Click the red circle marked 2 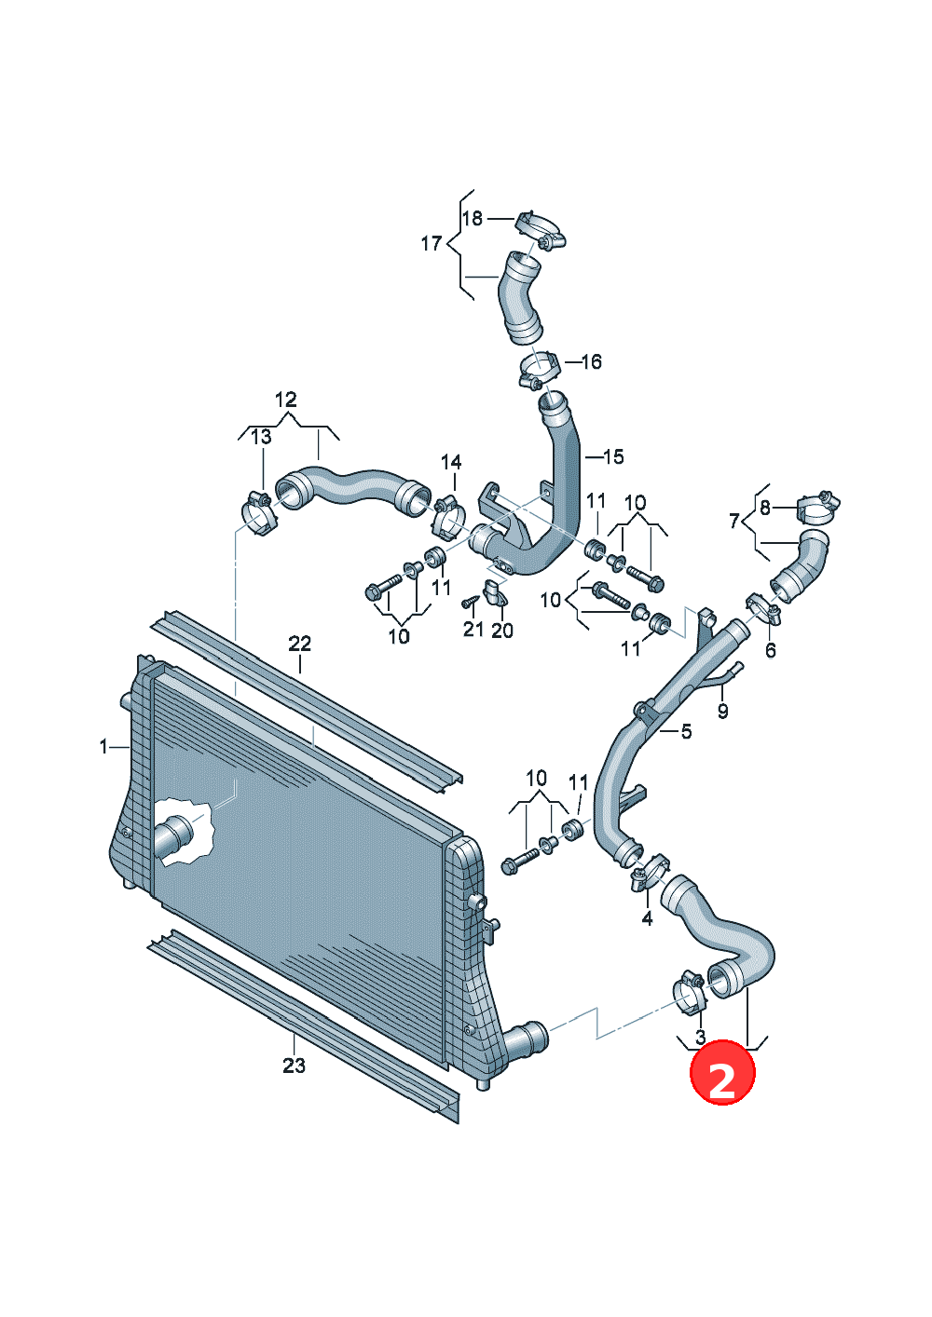point(722,1074)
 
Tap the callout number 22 point(299,644)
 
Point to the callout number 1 point(103,747)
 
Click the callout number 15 point(613,456)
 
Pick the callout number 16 point(591,361)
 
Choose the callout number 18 point(472,219)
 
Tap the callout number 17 point(432,243)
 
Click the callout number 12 point(286,400)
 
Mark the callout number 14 point(451,462)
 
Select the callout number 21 point(473,629)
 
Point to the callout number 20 point(502,631)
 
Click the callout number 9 point(722,711)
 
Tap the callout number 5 point(686,731)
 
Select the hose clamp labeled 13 point(260,513)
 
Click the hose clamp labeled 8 point(818,507)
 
